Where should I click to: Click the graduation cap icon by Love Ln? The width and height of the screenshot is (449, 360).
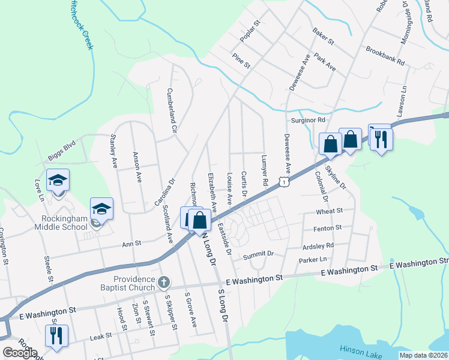tap(58, 180)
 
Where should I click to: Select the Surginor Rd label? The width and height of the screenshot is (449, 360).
tap(307, 120)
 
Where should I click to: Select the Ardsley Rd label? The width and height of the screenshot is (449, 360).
tap(319, 245)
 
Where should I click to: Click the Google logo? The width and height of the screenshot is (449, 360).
tap(20, 353)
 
